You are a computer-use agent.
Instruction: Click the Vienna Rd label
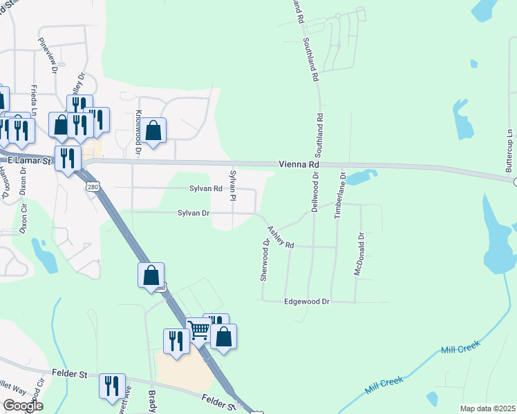299,165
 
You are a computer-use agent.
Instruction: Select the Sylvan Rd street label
205,188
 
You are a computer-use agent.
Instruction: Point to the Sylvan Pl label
234,185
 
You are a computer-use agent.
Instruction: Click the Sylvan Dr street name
194,213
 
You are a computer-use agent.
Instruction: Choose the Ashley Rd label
281,238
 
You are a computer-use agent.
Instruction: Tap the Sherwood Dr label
265,260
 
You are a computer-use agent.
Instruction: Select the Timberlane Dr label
339,196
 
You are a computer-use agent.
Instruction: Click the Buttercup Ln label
510,150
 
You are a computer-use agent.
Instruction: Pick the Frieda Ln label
34,100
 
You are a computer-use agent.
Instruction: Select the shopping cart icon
198,331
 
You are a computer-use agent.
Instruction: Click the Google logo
22,406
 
